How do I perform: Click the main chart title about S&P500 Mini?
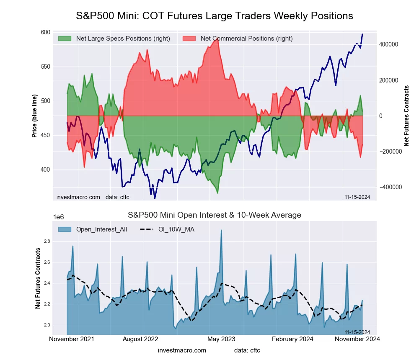click(x=215, y=16)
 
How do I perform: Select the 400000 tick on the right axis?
click(x=388, y=44)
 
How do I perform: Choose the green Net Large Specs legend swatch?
click(x=65, y=39)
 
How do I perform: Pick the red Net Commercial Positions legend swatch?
click(x=189, y=39)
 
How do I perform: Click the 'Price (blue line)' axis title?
click(x=35, y=116)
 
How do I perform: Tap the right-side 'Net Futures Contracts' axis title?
click(x=406, y=116)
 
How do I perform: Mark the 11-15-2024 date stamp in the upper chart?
click(x=357, y=197)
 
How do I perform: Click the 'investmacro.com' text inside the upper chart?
click(x=78, y=197)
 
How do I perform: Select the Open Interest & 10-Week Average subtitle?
click(x=215, y=215)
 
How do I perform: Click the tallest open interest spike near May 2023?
click(x=221, y=230)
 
